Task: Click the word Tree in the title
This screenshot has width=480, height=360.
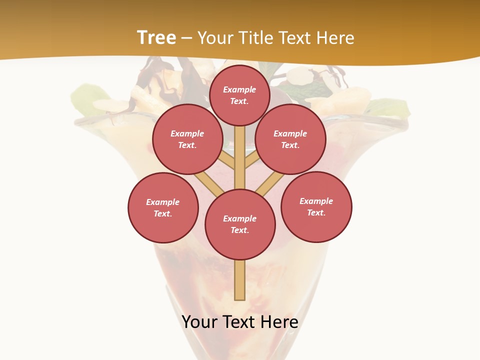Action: pyautogui.click(x=156, y=38)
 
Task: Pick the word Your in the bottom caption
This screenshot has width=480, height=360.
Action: pyautogui.click(x=200, y=322)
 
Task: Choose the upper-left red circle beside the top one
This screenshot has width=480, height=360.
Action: pyautogui.click(x=187, y=139)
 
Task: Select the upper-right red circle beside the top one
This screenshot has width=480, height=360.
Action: pyautogui.click(x=290, y=139)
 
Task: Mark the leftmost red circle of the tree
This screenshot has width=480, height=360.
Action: pyautogui.click(x=163, y=207)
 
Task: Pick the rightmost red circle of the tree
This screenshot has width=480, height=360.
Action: pyautogui.click(x=316, y=206)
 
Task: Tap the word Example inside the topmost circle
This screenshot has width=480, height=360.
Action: pyautogui.click(x=239, y=89)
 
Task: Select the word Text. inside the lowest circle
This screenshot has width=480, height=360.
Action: pyautogui.click(x=239, y=230)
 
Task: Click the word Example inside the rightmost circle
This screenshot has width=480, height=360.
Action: pyautogui.click(x=316, y=201)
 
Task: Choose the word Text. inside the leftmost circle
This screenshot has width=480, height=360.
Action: pyautogui.click(x=163, y=214)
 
